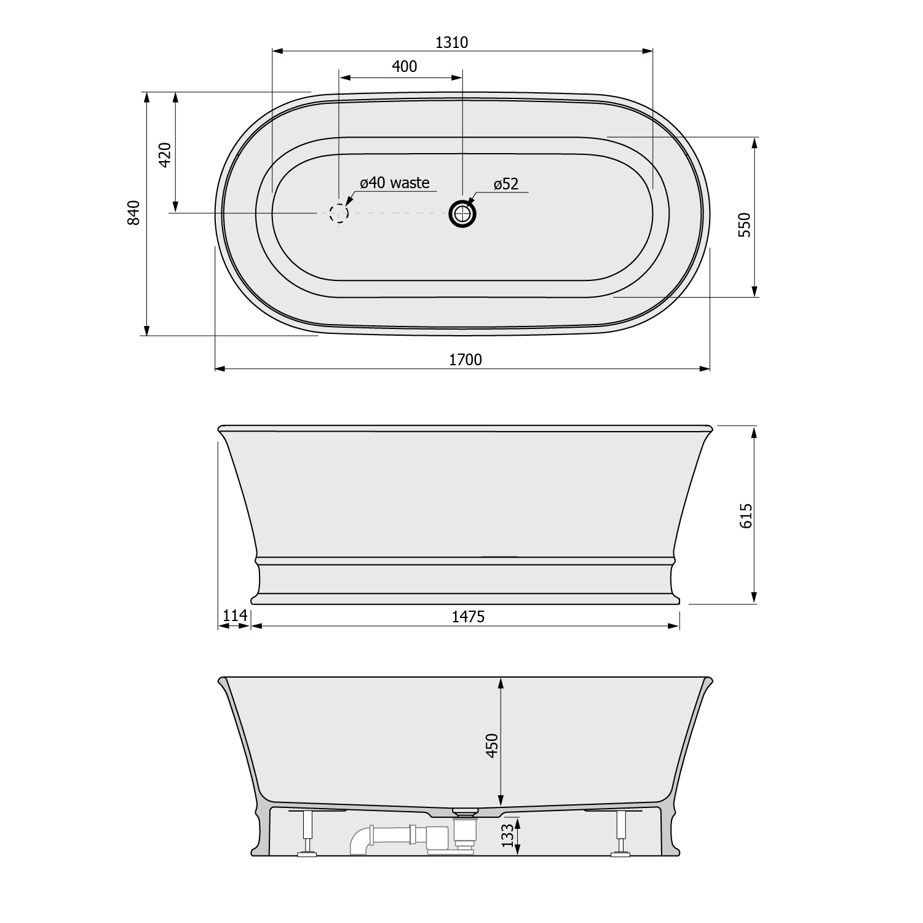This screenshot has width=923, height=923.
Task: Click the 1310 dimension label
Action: [451, 42]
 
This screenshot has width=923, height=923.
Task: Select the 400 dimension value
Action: [404, 66]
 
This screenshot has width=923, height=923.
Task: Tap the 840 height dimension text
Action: [134, 213]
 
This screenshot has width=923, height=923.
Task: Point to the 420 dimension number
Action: [164, 154]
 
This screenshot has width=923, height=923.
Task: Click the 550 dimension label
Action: [744, 225]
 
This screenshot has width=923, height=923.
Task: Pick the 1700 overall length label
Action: [465, 360]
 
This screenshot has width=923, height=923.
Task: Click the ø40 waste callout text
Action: [394, 183]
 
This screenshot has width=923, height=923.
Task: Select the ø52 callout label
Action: [505, 183]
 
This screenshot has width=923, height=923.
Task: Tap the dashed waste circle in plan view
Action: [339, 213]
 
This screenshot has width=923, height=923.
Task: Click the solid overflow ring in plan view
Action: [462, 213]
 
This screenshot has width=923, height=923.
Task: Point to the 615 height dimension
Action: [745, 515]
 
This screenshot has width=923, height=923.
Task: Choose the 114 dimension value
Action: [234, 616]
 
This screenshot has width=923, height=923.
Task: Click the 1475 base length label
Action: [468, 617]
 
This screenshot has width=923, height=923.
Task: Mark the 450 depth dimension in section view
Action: [492, 745]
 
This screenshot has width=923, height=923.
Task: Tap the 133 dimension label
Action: [507, 836]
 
